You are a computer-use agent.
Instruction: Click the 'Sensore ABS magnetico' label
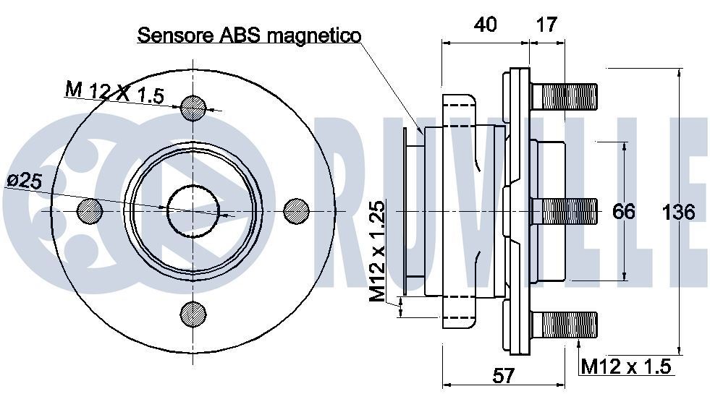point(249,35)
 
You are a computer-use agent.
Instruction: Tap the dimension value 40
point(485,24)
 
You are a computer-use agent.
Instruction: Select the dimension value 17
point(547,24)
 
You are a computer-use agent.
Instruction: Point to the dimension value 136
point(678,212)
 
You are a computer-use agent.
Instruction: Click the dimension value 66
point(623,212)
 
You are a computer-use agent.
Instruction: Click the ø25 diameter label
point(24,181)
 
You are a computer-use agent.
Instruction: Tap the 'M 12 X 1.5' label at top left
point(114,93)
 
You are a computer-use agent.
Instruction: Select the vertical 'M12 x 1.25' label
point(377,251)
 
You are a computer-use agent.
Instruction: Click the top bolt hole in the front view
point(193,108)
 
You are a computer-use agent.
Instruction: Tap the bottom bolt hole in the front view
point(193,313)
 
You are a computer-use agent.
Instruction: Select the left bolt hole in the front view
point(90,210)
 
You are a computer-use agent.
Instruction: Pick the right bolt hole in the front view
point(297,210)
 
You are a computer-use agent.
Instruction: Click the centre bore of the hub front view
point(193,210)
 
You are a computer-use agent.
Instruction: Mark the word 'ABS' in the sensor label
point(236,35)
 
